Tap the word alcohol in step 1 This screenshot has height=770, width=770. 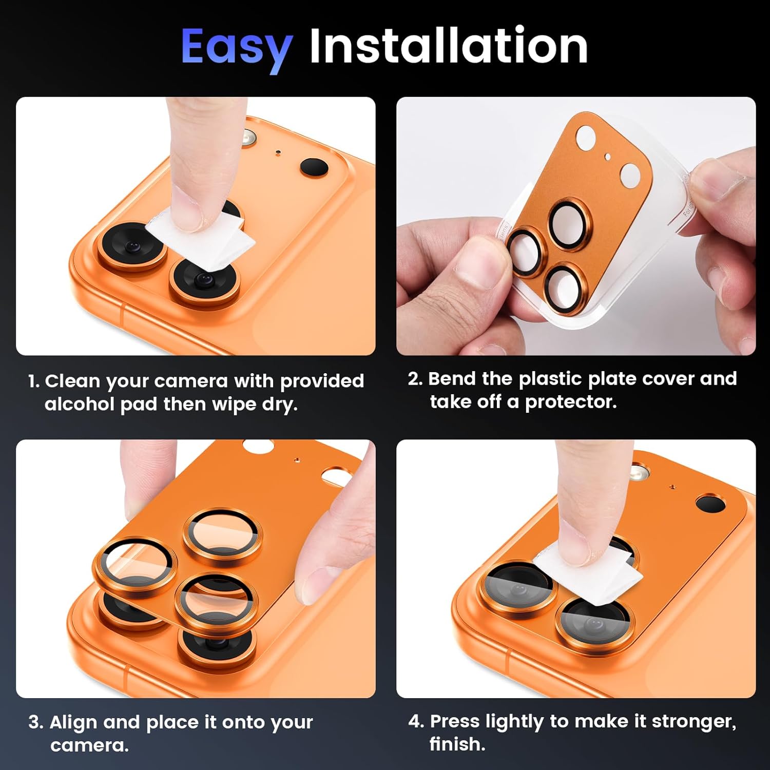79,405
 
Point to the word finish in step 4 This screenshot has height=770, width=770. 456,744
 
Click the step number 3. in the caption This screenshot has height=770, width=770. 36,722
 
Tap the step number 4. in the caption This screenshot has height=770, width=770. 416,721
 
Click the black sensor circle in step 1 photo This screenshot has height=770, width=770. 314,167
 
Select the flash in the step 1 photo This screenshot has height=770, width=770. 250,138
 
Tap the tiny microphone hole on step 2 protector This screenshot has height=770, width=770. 607,157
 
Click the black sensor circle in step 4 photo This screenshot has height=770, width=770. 709,503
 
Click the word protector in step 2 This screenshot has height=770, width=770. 570,402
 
